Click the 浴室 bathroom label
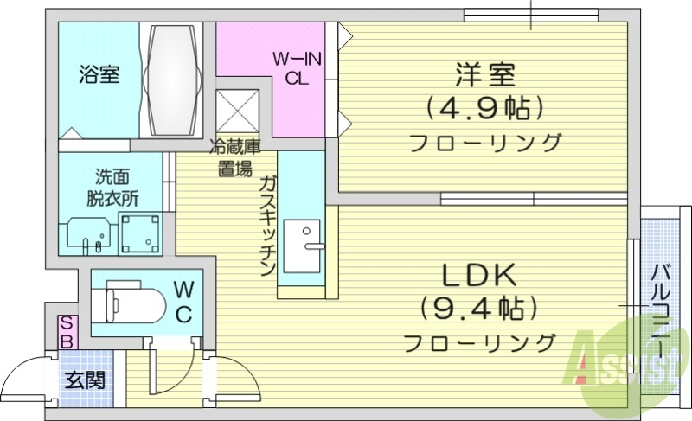click(x=97, y=75)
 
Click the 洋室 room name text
click(x=484, y=76)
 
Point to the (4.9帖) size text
click(x=484, y=109)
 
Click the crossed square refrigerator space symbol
click(x=237, y=110)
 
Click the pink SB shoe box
click(x=65, y=332)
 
